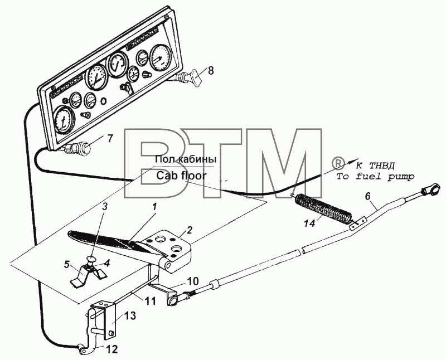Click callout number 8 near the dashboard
(x=210, y=70)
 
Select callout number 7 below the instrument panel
(x=110, y=139)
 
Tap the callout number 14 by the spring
(x=309, y=223)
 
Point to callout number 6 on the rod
(x=367, y=196)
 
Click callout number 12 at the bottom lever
(x=112, y=349)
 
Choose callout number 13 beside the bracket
(x=130, y=315)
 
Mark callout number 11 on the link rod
(x=151, y=300)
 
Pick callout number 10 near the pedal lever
(x=192, y=281)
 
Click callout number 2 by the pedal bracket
(x=182, y=230)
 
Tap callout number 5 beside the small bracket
(x=66, y=265)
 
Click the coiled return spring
(x=323, y=208)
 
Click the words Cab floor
(x=181, y=176)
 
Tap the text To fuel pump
(x=375, y=177)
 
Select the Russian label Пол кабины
(x=186, y=159)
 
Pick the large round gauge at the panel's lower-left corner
(x=64, y=120)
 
